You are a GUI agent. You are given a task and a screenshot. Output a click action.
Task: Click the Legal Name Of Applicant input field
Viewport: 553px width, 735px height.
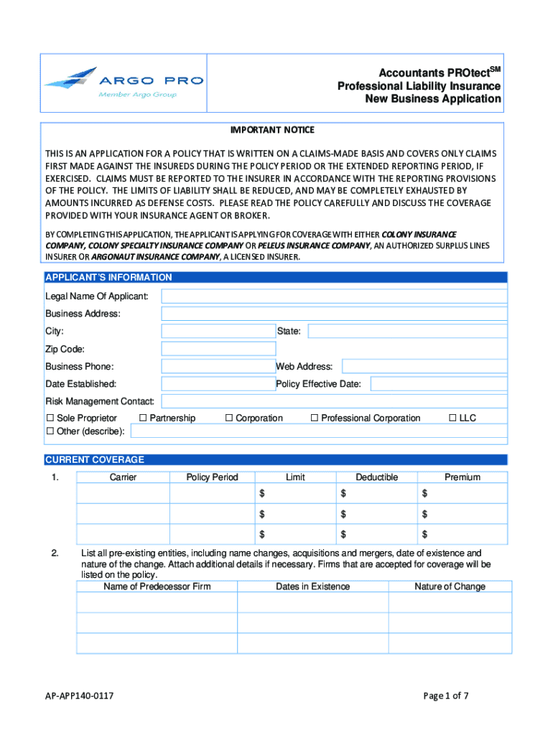[x=334, y=296]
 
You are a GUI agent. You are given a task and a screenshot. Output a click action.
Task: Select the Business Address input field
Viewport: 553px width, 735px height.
[x=334, y=314]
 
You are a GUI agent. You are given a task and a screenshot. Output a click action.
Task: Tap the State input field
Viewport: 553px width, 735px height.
[x=407, y=331]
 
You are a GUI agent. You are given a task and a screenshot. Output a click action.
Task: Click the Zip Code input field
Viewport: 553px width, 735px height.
[x=218, y=349]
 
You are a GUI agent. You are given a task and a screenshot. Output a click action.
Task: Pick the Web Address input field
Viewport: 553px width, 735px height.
[x=424, y=366]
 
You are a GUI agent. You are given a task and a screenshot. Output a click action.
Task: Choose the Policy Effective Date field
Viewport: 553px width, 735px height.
[x=438, y=384]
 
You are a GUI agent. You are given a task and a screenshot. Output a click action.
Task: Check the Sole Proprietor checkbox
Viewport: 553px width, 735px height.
[x=50, y=418]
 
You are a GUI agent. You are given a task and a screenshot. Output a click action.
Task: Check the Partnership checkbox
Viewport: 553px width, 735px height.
[x=143, y=418]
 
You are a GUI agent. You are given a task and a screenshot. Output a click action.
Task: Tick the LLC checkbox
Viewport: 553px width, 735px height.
[x=452, y=418]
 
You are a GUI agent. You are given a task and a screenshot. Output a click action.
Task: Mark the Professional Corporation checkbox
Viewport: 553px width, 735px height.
[x=314, y=418]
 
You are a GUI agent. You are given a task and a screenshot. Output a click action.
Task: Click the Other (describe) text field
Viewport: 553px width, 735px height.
[x=318, y=431]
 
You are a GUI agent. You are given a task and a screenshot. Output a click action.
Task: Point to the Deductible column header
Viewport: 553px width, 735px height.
[x=376, y=477]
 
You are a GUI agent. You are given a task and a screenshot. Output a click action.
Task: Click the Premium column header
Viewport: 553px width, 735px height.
[x=462, y=477]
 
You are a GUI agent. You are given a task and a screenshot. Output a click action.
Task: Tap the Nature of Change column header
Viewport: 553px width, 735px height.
[x=450, y=586]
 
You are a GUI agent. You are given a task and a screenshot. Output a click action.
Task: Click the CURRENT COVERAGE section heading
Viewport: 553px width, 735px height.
[x=95, y=460]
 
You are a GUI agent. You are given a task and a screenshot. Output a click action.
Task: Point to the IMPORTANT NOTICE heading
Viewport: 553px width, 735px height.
[x=272, y=130]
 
